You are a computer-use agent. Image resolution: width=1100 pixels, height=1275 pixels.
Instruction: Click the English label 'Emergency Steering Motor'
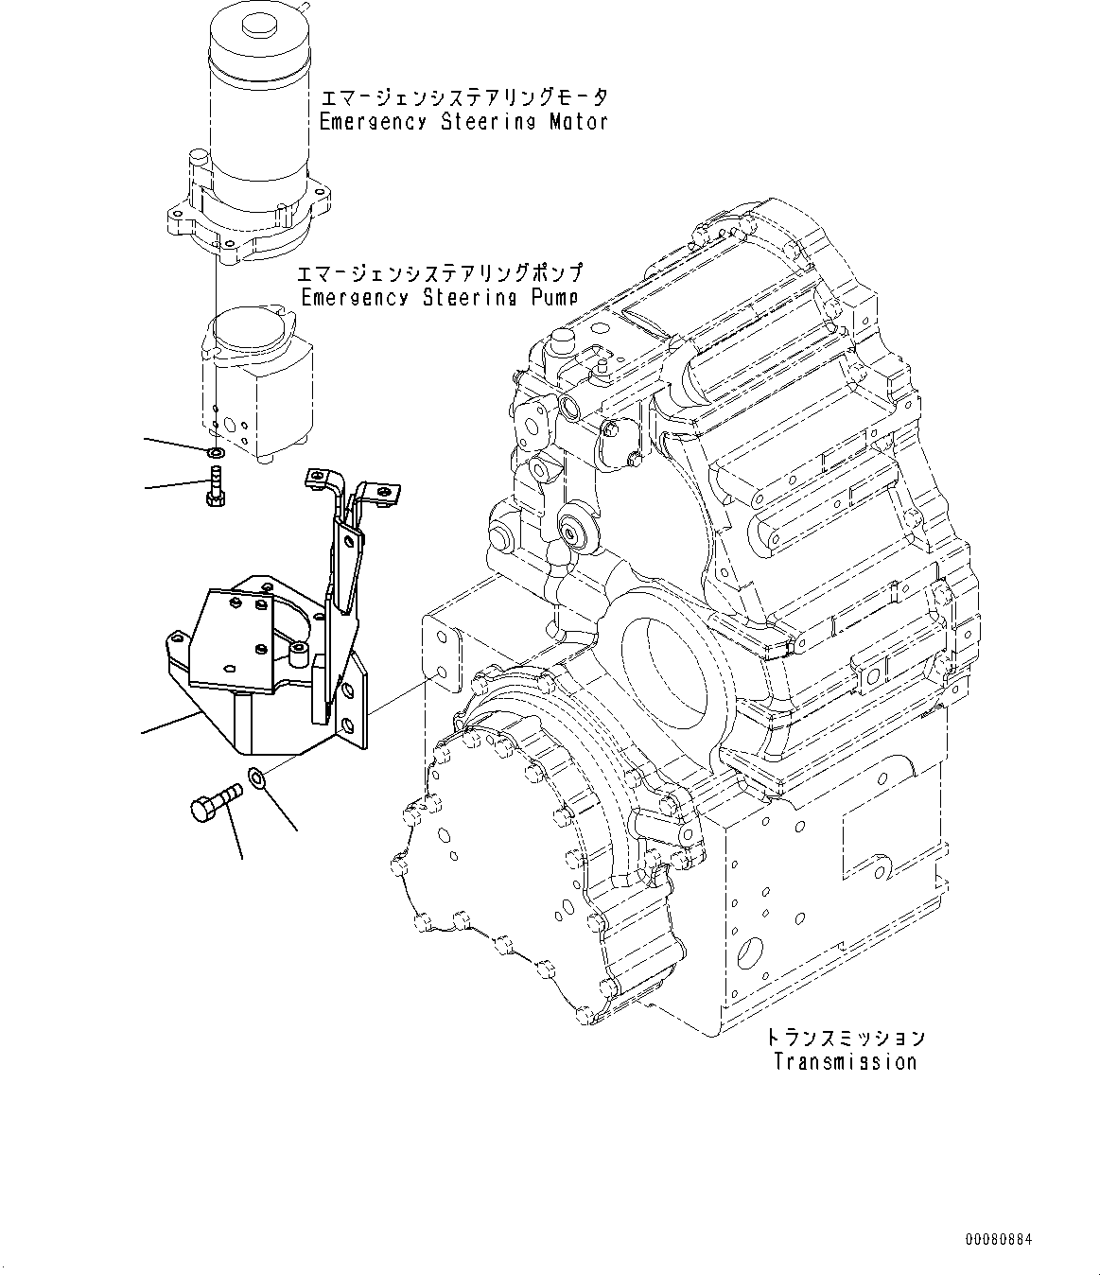click(463, 122)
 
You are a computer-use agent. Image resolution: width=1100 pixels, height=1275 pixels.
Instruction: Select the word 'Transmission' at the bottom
click(845, 1061)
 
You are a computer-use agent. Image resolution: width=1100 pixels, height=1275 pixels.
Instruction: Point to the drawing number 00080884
click(1001, 1238)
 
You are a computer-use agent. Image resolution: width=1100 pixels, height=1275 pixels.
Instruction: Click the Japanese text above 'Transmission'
click(845, 1039)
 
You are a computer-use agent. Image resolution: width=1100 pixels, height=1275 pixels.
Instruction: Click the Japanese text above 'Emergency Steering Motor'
click(463, 98)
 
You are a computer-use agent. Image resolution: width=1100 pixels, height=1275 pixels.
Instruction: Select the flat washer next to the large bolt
click(257, 779)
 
